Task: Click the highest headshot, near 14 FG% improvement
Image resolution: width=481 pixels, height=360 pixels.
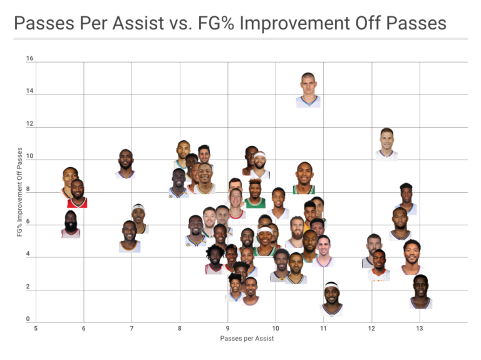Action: click(308, 90)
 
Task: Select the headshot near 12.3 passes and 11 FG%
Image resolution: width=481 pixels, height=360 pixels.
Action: click(386, 144)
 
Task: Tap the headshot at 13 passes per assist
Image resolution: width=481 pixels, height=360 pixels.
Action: click(420, 292)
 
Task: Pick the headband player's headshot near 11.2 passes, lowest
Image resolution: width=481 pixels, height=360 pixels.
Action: click(331, 299)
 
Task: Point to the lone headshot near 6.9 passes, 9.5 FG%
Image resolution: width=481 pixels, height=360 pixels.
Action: click(125, 164)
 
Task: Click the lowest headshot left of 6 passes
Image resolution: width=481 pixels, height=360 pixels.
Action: click(71, 224)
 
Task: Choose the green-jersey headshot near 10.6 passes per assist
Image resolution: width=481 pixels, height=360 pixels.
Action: click(304, 178)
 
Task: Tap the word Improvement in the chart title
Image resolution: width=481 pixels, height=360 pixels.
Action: click(301, 24)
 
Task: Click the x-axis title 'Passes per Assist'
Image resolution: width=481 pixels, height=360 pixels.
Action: click(247, 338)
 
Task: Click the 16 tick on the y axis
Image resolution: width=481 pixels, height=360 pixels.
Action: click(29, 59)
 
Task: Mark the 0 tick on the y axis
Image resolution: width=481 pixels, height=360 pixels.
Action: click(29, 320)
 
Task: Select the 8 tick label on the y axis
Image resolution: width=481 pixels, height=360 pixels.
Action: click(29, 189)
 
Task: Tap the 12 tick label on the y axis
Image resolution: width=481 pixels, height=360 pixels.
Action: click(29, 124)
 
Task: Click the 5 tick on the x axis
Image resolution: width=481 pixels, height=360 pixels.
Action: click(36, 328)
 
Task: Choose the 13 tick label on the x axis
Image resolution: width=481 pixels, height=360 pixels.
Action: click(420, 328)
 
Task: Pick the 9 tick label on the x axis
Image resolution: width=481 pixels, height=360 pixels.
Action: click(227, 328)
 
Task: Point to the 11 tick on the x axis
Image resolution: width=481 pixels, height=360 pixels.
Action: click(324, 328)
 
